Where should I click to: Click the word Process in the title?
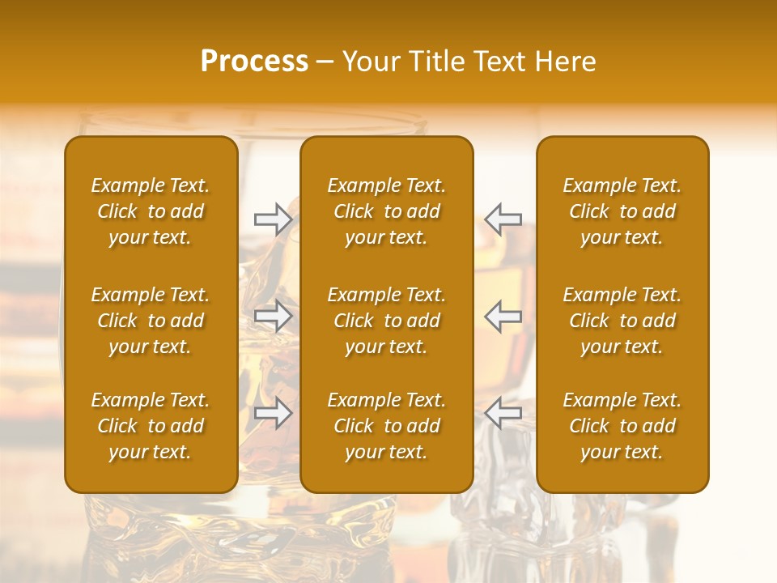click(254, 62)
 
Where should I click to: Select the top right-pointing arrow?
click(273, 219)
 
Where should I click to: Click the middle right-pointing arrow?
click(273, 317)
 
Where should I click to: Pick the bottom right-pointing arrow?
click(273, 414)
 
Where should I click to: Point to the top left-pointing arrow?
click(503, 219)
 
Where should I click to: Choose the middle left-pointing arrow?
click(503, 317)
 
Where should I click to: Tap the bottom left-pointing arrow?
click(503, 414)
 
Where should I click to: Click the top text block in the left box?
click(151, 211)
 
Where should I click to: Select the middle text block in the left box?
click(151, 321)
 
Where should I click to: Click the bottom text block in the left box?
click(151, 426)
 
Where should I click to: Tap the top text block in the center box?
click(387, 211)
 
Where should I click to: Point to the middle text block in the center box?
click(387, 321)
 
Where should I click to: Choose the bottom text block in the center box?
click(387, 426)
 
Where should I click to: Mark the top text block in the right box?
click(622, 211)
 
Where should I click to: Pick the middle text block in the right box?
click(622, 321)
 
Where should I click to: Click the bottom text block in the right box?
click(622, 426)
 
